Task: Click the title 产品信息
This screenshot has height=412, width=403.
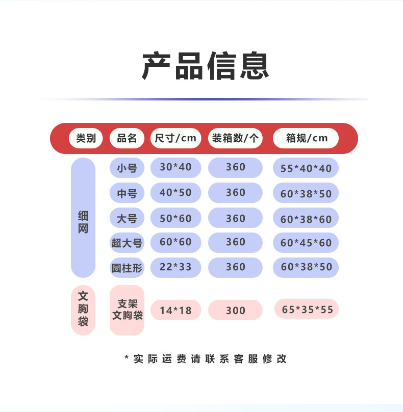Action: [x=205, y=66]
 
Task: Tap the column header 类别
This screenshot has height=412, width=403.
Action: [x=86, y=138]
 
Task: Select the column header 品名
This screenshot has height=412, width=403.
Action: [x=127, y=138]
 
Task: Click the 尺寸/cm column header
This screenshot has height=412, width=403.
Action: [x=175, y=138]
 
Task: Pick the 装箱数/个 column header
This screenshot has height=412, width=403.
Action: [x=235, y=138]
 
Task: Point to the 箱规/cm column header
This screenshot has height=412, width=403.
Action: [x=306, y=138]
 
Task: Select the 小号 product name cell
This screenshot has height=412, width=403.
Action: [x=127, y=167]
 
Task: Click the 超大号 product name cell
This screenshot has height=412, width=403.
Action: [x=127, y=243]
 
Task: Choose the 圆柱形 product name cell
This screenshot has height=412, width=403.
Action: [x=127, y=268]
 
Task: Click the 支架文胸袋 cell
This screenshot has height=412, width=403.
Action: [x=127, y=310]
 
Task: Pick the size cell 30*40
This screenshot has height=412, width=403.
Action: [x=175, y=167]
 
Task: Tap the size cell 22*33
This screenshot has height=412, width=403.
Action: [x=175, y=267]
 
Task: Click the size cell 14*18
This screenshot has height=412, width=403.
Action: [x=175, y=310]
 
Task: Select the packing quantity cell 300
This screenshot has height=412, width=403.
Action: [x=235, y=310]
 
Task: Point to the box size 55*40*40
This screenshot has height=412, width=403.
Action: [x=306, y=168]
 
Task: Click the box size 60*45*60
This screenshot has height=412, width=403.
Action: [x=306, y=243]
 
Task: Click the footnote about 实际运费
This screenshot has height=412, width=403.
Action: [x=206, y=358]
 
